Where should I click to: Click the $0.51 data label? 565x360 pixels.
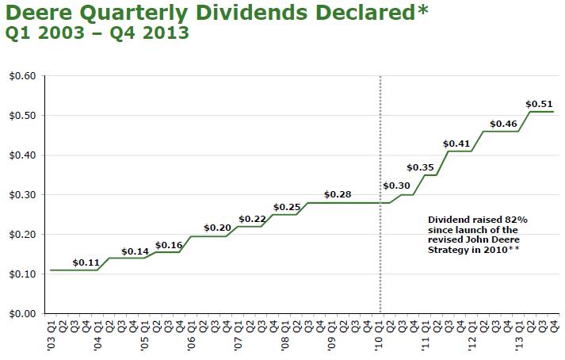[x=539, y=103]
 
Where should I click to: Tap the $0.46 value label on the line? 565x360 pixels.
[x=503, y=124]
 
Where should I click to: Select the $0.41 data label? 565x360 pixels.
[x=457, y=144]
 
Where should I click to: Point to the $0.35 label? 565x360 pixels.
[x=421, y=167]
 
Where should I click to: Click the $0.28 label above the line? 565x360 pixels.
[x=338, y=194]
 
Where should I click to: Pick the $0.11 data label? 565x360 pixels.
[x=86, y=262]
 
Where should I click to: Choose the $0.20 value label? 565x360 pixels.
[x=216, y=228]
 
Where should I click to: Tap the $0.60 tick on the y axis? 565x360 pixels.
[x=23, y=76]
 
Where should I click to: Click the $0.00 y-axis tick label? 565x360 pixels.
[x=23, y=314]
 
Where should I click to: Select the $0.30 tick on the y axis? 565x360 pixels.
[x=23, y=195]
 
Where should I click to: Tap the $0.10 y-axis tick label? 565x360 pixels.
[x=23, y=274]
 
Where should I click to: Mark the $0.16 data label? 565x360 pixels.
[x=169, y=245]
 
